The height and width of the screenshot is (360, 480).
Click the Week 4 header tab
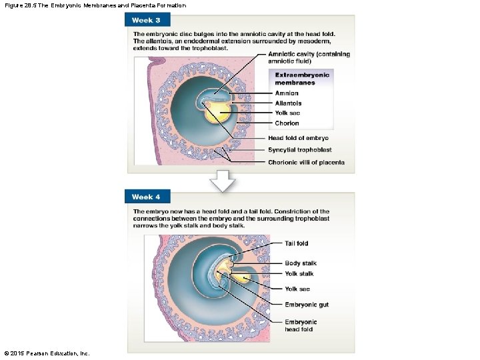pos(147,197)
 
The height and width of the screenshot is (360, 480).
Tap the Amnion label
pos(287,93)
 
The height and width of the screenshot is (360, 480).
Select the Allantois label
pos(288,103)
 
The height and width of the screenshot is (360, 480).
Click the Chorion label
pos(287,123)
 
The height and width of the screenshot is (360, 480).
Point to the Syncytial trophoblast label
pos(299,150)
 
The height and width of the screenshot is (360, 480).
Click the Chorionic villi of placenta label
pos(306,163)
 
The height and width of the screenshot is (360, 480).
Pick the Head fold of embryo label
pos(298,138)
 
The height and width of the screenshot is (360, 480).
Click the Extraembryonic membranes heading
pos(302,79)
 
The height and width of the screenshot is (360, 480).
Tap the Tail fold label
pos(297,243)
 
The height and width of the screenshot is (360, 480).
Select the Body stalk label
pos(300,263)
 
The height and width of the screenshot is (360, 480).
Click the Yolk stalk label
pos(299,274)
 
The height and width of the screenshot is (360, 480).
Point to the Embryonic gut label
pos(307,305)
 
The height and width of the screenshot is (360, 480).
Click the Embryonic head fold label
pos(301,325)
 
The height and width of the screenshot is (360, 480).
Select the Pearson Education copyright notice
pos(47,353)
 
